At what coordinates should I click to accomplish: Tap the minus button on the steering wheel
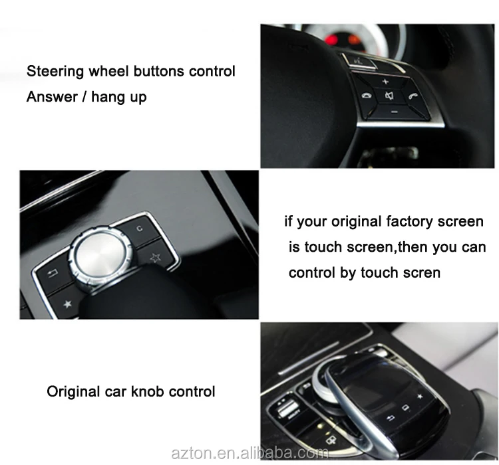[393, 111]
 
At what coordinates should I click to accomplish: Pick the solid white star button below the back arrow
[67, 304]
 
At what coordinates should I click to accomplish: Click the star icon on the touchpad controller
[420, 397]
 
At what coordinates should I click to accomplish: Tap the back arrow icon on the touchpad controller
[391, 417]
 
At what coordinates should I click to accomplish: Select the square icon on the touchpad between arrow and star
[405, 407]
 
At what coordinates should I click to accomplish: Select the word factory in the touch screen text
[407, 221]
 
